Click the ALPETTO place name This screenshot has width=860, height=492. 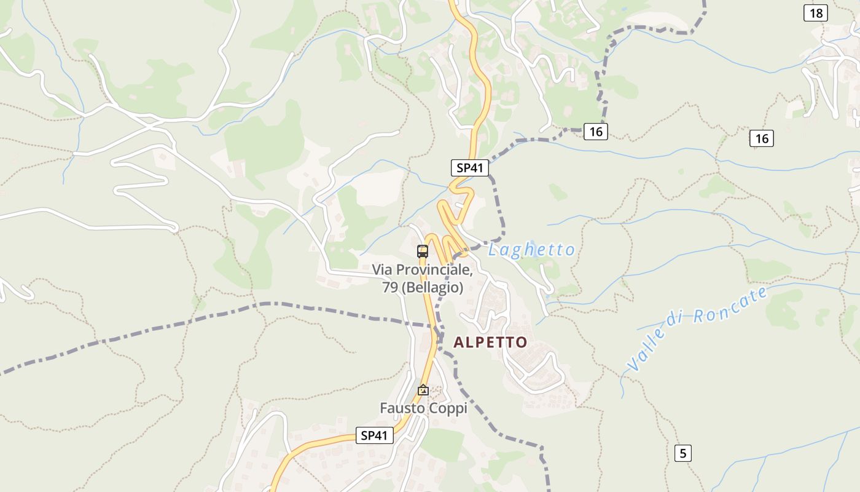(x=490, y=343)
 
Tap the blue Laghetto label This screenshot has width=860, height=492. (x=531, y=250)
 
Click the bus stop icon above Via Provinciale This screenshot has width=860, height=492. (x=423, y=251)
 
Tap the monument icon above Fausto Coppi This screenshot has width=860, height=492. (x=423, y=390)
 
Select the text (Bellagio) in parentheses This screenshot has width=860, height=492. (x=432, y=287)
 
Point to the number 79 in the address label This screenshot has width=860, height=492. (x=390, y=287)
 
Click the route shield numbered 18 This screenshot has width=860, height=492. (x=815, y=13)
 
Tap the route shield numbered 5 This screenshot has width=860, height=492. (x=682, y=453)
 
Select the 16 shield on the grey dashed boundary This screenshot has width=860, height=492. (x=595, y=131)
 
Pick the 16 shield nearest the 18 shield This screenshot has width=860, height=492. (x=762, y=138)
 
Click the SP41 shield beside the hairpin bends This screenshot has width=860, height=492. (x=470, y=167)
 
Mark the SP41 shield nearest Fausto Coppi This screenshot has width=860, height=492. (x=374, y=435)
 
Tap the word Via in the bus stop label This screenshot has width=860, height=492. (x=382, y=270)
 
